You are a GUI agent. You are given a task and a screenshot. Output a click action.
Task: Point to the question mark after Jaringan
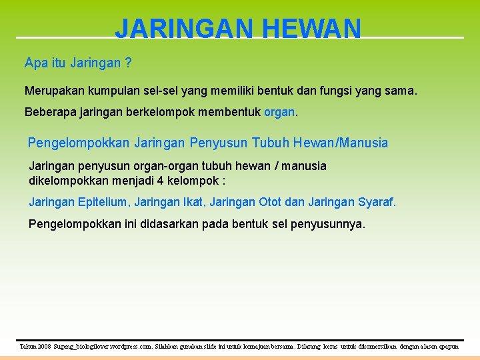pyautogui.click(x=128, y=63)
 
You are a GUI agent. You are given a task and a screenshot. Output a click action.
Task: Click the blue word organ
pyautogui.click(x=279, y=112)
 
